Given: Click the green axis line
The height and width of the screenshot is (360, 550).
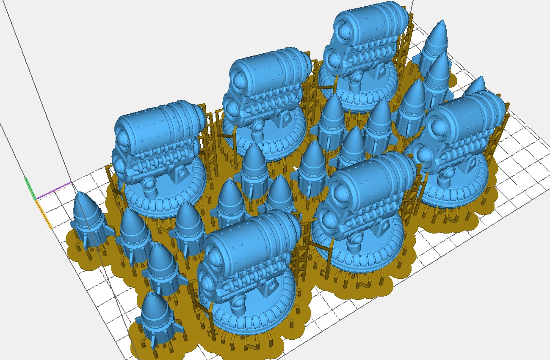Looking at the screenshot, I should pos(30,189).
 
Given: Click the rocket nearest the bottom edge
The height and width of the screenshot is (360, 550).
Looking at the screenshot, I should pos(155,315).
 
